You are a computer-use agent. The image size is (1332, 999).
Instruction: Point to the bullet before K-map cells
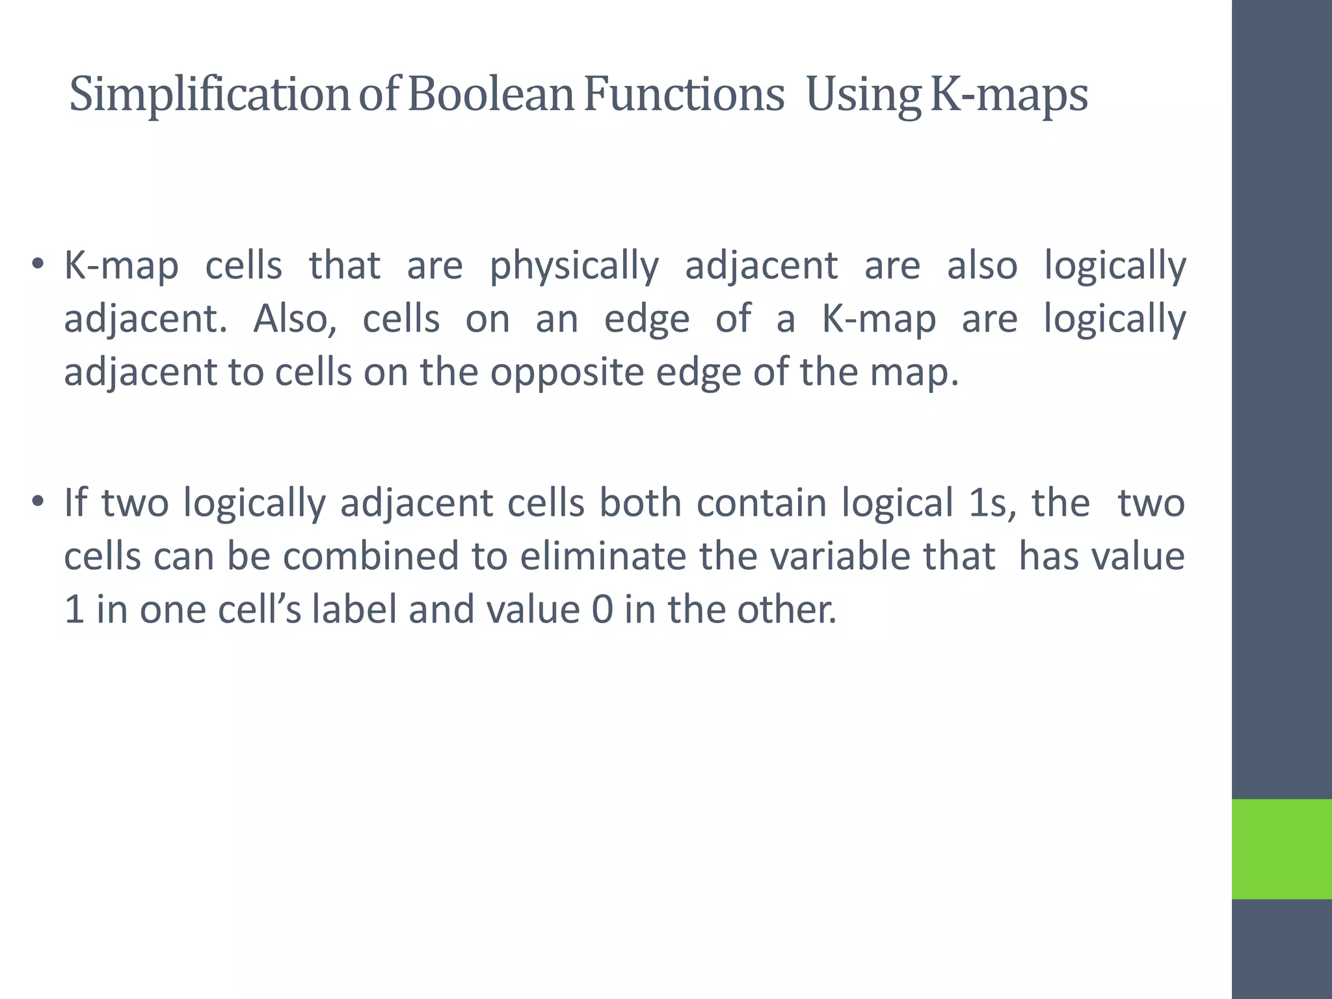tap(38, 265)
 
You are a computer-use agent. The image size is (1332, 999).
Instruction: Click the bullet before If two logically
tap(38, 503)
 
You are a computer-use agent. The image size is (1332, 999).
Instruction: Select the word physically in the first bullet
tap(574, 267)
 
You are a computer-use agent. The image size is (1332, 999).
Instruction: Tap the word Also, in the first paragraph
tap(295, 319)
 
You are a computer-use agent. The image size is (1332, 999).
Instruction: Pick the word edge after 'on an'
tap(646, 319)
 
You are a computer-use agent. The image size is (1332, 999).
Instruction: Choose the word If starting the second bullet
tap(75, 503)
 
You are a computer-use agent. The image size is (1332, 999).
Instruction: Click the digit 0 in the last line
tap(602, 610)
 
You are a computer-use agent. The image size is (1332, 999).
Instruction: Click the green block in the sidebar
tap(1281, 849)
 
